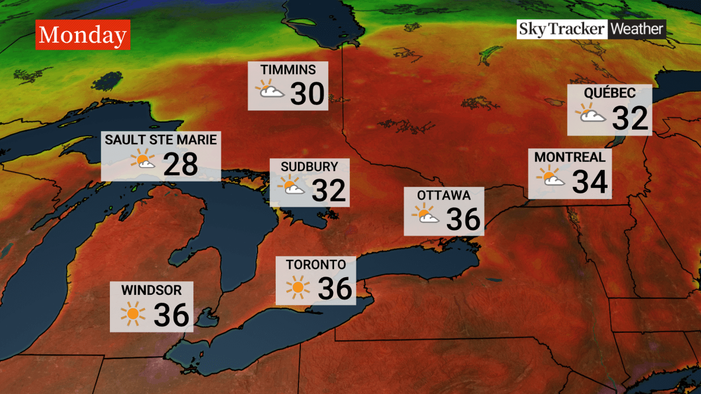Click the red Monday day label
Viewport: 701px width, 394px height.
coord(82,36)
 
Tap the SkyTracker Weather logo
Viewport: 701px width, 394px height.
coord(591,29)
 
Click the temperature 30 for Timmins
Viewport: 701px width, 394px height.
coord(307,93)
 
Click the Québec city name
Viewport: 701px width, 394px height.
coord(609,93)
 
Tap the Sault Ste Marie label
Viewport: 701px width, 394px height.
coord(161,140)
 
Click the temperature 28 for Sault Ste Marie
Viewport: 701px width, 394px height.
coord(181,165)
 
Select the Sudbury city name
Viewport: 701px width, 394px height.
coord(310,166)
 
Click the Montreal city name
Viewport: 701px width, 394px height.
coord(570,157)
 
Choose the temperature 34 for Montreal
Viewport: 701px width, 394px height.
coord(591,182)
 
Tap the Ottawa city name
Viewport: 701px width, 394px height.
coord(444,195)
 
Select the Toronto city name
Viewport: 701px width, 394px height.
coord(312,264)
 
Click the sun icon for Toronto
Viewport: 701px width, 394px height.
coord(298,287)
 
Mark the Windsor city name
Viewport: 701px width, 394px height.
coord(151,290)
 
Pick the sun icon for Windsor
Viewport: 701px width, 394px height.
coord(133,314)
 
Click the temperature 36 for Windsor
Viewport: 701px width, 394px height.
coord(171,315)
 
